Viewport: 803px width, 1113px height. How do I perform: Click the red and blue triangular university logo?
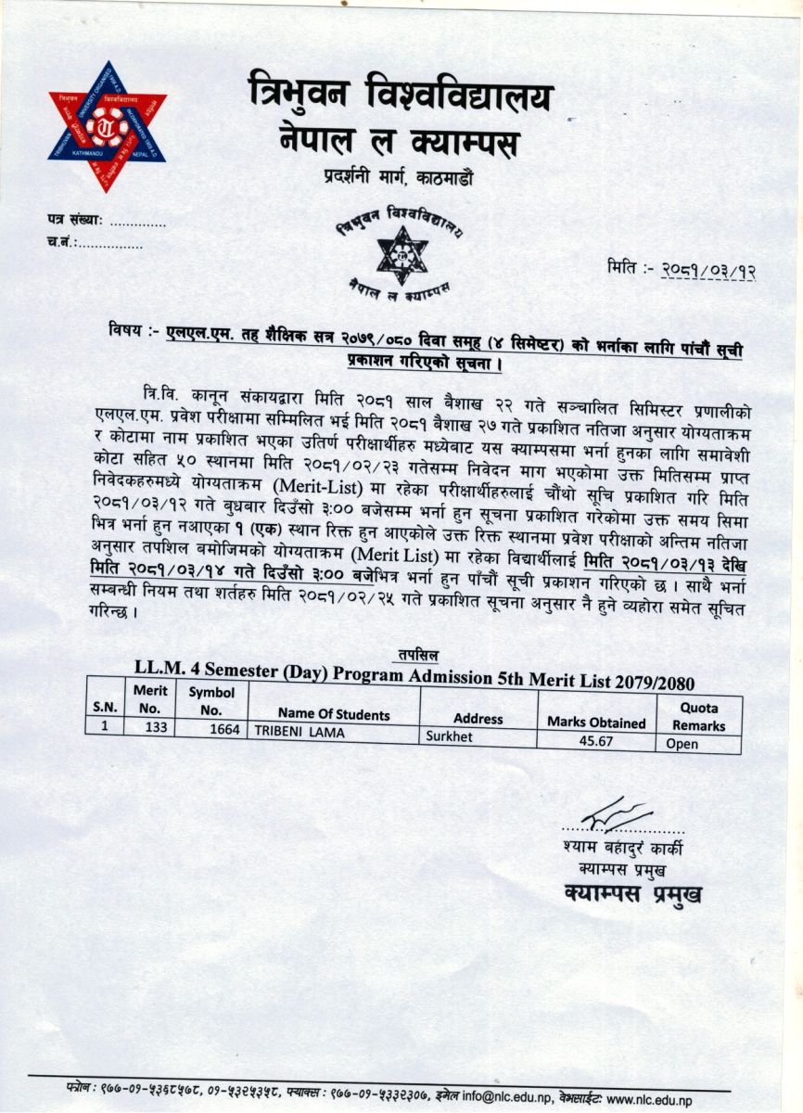point(108,125)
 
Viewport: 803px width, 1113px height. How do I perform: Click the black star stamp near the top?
point(401,254)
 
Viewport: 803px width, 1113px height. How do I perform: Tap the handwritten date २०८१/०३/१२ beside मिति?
point(708,270)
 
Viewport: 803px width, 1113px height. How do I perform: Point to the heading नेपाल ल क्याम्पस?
point(399,141)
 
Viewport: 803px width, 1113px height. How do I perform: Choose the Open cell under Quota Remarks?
point(682,744)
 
